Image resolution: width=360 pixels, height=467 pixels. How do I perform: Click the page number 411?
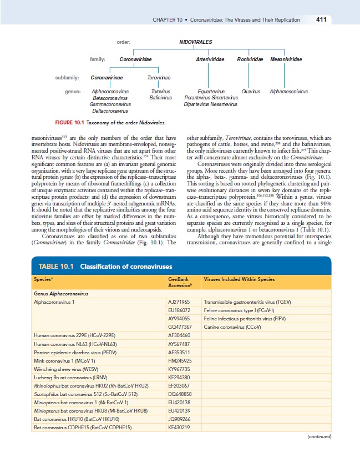[x=320, y=20]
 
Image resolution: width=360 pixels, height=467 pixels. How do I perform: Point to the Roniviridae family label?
[x=249, y=59]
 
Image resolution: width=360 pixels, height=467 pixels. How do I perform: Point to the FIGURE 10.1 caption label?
[x=72, y=122]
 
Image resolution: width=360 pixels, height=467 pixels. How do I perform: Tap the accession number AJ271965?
[x=179, y=301]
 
